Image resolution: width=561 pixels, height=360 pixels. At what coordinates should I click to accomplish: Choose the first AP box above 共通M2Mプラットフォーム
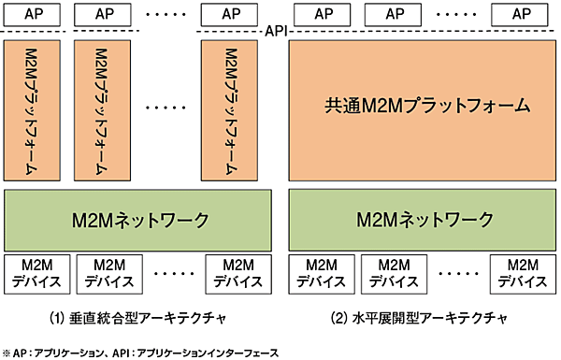coord(323,15)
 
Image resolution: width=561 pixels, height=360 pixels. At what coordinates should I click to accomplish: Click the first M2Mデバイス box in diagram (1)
coord(35,271)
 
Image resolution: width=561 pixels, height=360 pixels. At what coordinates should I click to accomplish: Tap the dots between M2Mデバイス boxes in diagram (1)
coord(169,271)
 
